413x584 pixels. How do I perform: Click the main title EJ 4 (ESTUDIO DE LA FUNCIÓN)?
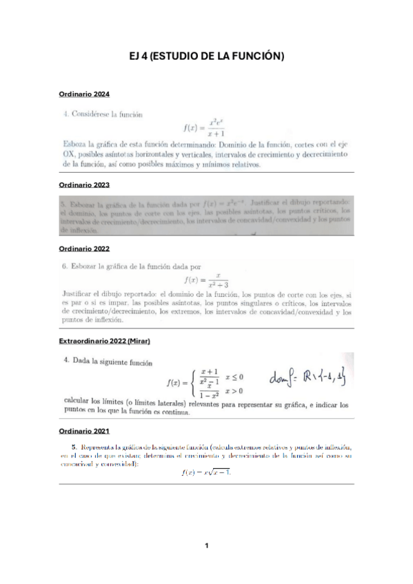click(207, 56)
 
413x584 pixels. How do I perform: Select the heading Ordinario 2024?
click(84, 93)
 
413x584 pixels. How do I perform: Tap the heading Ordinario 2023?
click(84, 185)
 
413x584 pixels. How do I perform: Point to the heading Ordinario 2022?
click(84, 248)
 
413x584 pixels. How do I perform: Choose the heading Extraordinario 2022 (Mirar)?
click(104, 342)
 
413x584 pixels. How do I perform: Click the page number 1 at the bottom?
click(206, 546)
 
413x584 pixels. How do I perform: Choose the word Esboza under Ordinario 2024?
click(74, 145)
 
